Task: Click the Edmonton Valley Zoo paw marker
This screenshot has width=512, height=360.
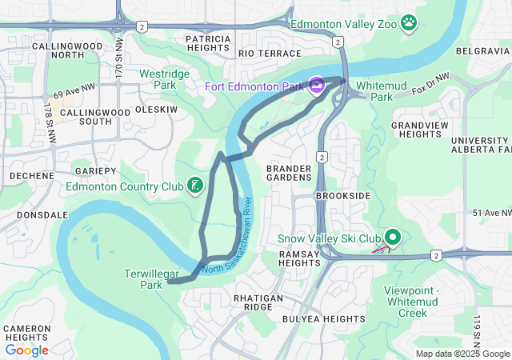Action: tap(410, 22)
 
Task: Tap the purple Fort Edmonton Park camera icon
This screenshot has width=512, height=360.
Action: tap(317, 85)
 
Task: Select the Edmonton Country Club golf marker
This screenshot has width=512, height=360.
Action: tap(194, 186)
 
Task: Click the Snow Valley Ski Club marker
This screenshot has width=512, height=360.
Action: tap(393, 238)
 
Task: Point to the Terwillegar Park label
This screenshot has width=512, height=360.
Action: tap(143, 279)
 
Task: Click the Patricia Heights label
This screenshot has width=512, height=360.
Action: tap(207, 43)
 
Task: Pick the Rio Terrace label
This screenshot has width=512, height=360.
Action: tap(258, 53)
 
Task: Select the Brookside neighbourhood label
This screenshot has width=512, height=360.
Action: tap(343, 195)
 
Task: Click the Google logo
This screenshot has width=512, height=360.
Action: tap(26, 350)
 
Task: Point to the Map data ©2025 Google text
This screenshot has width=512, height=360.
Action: tap(462, 354)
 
